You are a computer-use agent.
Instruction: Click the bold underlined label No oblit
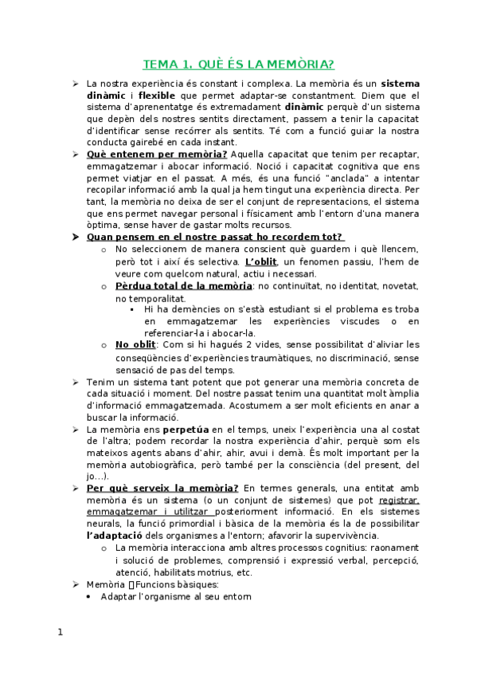(135, 345)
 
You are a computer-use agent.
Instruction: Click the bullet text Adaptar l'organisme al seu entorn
(176, 595)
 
